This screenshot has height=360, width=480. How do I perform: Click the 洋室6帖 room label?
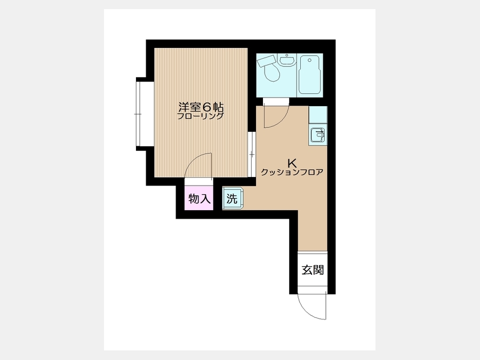click(x=201, y=107)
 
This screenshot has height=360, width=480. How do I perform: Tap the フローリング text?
click(x=201, y=116)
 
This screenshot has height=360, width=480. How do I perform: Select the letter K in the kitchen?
click(x=292, y=163)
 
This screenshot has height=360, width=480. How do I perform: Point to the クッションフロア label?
click(x=292, y=172)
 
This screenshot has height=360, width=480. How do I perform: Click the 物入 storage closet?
click(x=199, y=198)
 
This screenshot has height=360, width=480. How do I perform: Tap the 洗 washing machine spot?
click(x=233, y=198)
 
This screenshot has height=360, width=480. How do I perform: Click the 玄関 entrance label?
click(x=313, y=270)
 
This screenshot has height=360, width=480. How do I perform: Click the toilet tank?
click(x=266, y=61)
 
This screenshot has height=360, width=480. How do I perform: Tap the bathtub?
click(x=309, y=74)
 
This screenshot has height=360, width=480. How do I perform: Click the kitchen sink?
click(x=318, y=135)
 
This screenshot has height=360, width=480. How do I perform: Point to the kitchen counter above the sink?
click(x=318, y=115)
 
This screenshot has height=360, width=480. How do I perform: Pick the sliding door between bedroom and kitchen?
click(x=252, y=154)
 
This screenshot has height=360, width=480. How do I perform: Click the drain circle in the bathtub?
click(x=310, y=60)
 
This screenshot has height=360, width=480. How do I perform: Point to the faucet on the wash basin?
click(x=287, y=55)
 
